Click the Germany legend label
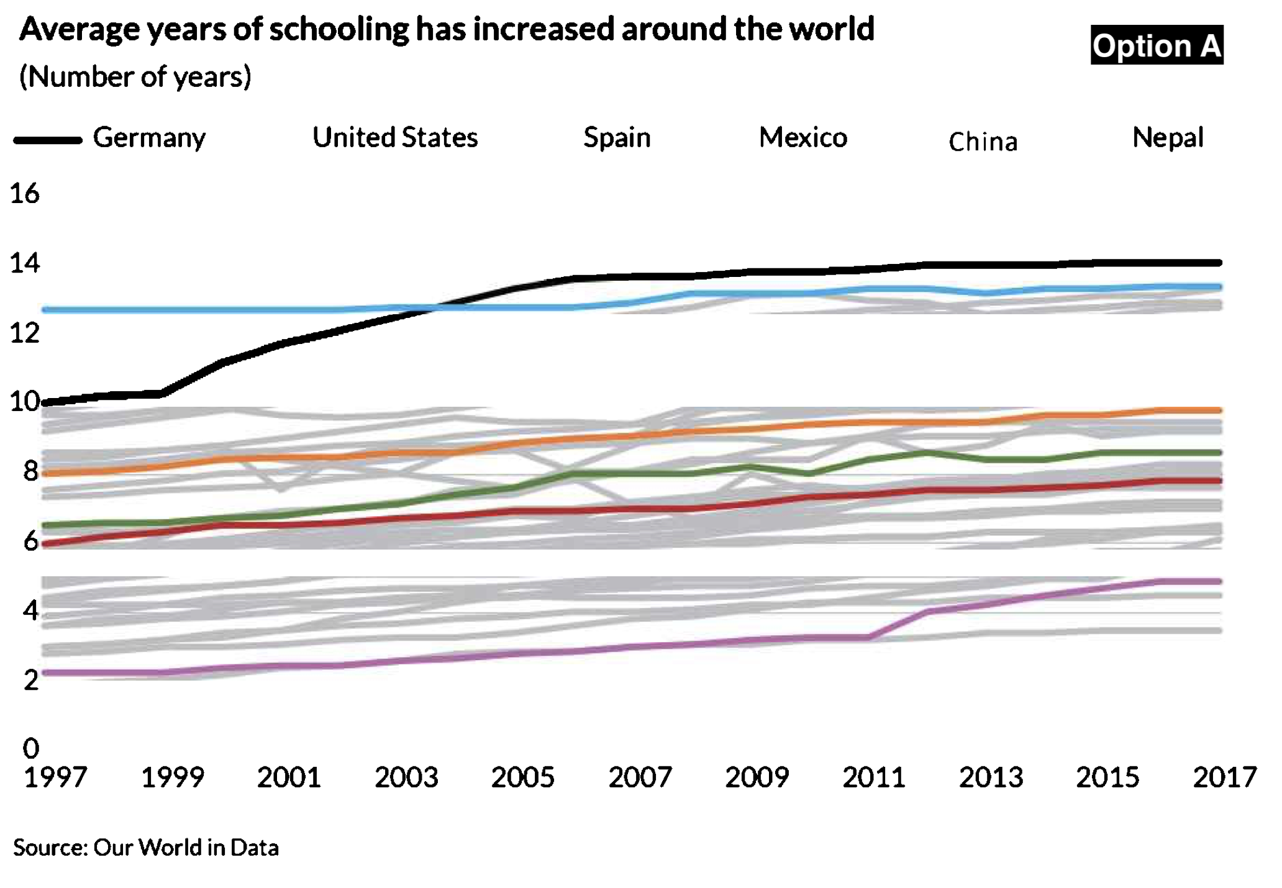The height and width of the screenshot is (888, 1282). pyautogui.click(x=149, y=138)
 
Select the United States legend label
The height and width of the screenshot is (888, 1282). pyautogui.click(x=395, y=138)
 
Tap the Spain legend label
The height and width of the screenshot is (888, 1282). pyautogui.click(x=617, y=138)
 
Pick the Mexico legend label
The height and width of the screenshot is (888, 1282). pyautogui.click(x=803, y=138)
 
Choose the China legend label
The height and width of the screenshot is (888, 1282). pyautogui.click(x=983, y=142)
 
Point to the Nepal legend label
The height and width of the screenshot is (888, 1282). pyautogui.click(x=1168, y=138)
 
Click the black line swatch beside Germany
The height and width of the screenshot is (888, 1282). pyautogui.click(x=48, y=140)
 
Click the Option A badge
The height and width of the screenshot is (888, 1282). pyautogui.click(x=1157, y=45)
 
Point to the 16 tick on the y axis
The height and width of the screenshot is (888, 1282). pyautogui.click(x=25, y=194)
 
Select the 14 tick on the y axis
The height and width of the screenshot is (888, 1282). pyautogui.click(x=25, y=264)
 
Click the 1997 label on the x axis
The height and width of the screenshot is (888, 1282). pyautogui.click(x=55, y=777)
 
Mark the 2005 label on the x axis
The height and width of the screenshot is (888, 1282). pyautogui.click(x=523, y=777)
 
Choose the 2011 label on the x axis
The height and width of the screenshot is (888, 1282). pyautogui.click(x=874, y=777)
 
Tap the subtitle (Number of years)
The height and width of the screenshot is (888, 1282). pyautogui.click(x=135, y=77)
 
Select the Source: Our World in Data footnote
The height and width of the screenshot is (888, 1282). pyautogui.click(x=146, y=848)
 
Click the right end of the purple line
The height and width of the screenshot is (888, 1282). pyautogui.click(x=1220, y=582)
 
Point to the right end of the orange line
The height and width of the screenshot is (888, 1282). pyautogui.click(x=1220, y=410)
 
